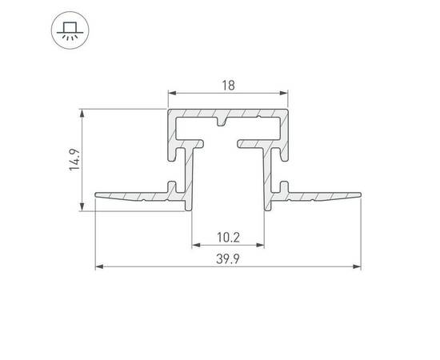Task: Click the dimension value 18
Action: [228, 86]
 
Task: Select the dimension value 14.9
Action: [75, 159]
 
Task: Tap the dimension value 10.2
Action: [229, 238]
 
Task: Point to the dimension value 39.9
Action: [228, 258]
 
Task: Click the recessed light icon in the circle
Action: [70, 30]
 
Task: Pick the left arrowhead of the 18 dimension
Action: [172, 93]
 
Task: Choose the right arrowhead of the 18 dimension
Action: [284, 93]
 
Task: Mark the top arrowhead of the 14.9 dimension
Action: [82, 113]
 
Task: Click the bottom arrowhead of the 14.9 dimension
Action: [82, 206]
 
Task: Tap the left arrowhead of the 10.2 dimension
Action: [196, 246]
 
